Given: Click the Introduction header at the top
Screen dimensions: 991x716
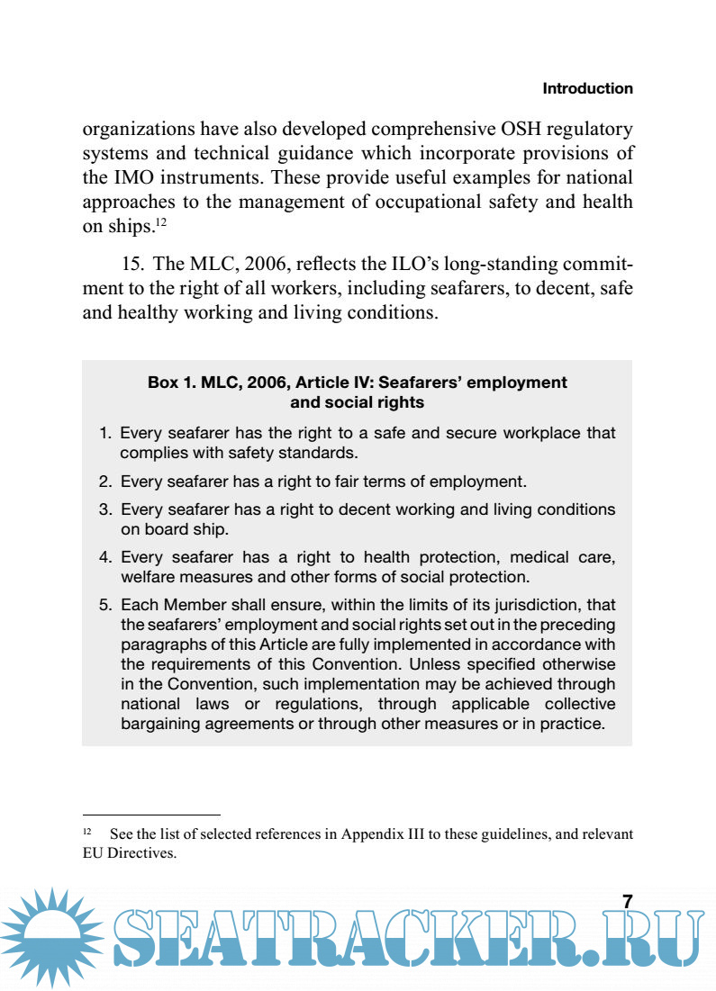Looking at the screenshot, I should point(587,89).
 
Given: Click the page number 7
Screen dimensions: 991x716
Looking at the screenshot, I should point(628,902).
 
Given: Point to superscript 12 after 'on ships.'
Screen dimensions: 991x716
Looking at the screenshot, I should point(160,221).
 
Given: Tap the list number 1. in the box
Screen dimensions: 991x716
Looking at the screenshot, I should point(105,434).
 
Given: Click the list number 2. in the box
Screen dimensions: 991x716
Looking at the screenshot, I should point(105,482).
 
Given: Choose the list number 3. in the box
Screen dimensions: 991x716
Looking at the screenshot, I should point(105,510).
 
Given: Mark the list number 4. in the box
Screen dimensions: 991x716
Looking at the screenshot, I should point(105,558).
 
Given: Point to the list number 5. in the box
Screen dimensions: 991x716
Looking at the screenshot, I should point(105,606).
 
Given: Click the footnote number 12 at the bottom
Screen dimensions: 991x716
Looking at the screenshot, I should point(87,832).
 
